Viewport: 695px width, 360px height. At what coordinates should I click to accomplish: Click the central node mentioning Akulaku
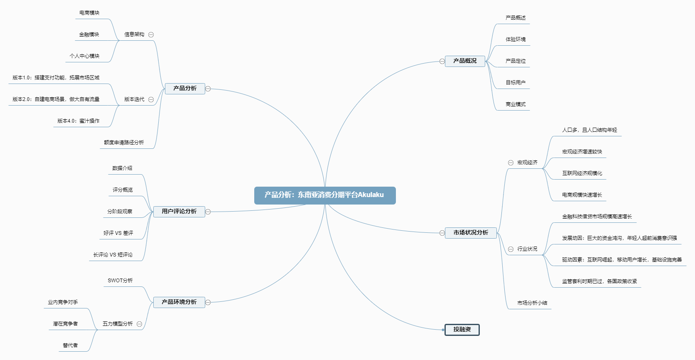pos(324,195)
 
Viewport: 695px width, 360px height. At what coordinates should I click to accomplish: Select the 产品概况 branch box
pos(465,61)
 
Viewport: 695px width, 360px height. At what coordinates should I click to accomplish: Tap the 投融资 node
pos(462,330)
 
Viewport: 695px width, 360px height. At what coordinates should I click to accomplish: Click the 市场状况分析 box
pos(471,233)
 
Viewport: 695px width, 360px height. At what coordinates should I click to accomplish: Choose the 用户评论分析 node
pos(179,212)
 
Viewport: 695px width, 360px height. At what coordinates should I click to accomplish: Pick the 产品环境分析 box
pos(179,302)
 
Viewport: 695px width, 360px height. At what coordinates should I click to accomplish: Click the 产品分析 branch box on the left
pos(185,89)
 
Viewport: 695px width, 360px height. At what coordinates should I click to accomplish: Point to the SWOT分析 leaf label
pos(120,281)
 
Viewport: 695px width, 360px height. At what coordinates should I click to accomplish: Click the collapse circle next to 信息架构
pos(151,35)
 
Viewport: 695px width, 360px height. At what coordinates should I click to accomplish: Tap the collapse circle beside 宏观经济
pos(511,163)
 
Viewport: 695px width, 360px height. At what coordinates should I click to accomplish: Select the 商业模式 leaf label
pos(516,104)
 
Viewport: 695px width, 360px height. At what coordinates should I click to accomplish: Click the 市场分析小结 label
pos(532,303)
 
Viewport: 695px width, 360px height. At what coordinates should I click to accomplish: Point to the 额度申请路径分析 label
pos(124,143)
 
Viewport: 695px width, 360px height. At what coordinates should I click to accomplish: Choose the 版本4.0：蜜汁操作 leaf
pos(79,121)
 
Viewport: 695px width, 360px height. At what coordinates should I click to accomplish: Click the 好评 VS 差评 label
pos(118,233)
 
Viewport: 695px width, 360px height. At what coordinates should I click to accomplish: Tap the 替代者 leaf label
pos(70,345)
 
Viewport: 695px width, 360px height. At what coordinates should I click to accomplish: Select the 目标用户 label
pos(516,83)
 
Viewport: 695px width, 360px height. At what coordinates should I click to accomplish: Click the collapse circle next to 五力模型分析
pos(140,324)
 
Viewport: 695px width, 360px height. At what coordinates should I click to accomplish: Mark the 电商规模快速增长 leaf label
pos(582,195)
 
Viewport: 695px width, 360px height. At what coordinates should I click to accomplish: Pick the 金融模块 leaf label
pos(89,35)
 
